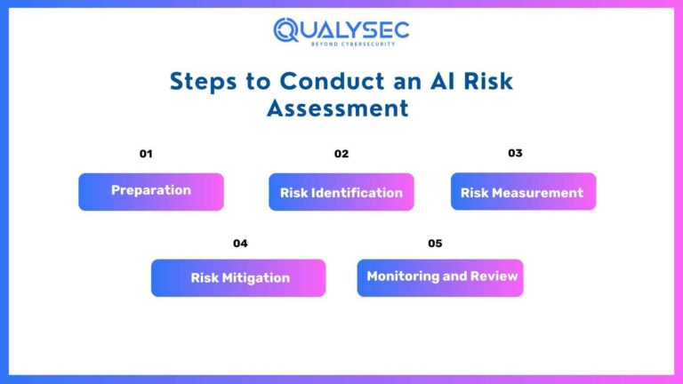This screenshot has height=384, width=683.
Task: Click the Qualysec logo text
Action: coord(341,28)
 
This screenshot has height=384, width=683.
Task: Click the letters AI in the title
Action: coord(429,81)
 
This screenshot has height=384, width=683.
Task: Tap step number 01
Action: coord(146,154)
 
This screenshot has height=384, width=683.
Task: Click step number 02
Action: coord(341,154)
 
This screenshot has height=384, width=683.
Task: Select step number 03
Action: coord(515,153)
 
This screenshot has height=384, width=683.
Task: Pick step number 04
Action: coord(240,244)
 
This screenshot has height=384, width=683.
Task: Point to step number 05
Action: coord(435,244)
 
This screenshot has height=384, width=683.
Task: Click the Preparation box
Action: coord(151,191)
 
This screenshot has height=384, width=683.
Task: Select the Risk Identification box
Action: coord(341,192)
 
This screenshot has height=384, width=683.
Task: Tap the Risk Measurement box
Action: coord(523,192)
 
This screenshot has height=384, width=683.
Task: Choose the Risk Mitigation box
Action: coord(238,277)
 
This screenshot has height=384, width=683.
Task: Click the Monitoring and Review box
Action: coord(440,277)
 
